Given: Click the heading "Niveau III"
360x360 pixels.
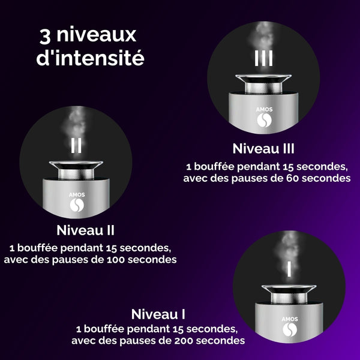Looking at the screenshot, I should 263,149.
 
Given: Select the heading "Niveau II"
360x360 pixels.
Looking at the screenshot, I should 86,230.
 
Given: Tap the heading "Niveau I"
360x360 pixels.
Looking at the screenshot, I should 158,314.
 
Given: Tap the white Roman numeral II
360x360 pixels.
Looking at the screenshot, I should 77,146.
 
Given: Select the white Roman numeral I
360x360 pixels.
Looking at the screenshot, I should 289,269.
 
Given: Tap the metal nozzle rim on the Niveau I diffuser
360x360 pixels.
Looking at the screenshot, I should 290,289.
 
